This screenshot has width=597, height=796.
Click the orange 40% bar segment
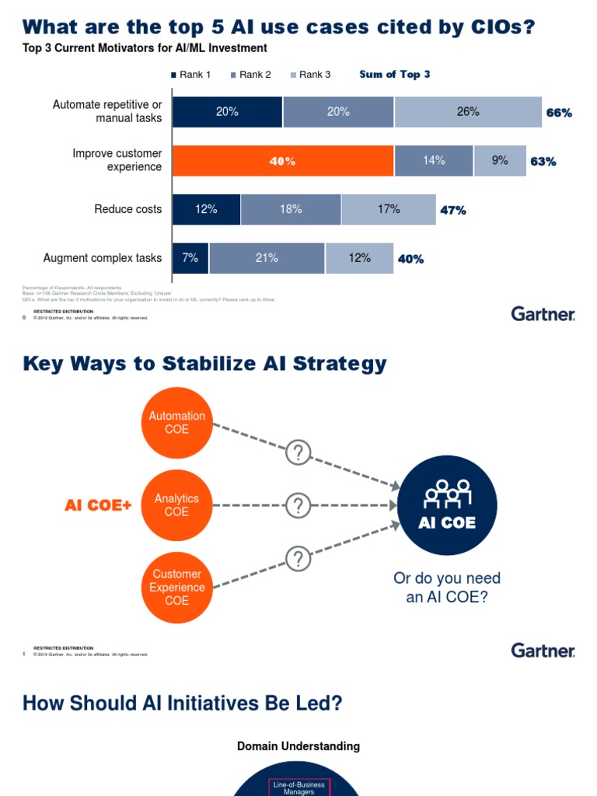(283, 161)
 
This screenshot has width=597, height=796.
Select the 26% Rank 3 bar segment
(468, 112)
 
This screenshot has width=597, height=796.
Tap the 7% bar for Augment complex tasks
(190, 258)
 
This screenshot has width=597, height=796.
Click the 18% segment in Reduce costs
(291, 209)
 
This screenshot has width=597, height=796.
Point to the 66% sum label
(559, 113)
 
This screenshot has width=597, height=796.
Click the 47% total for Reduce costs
(453, 210)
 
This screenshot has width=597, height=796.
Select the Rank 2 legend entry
(250, 75)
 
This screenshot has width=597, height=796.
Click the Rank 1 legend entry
(190, 75)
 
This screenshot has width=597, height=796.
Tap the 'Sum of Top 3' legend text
(394, 75)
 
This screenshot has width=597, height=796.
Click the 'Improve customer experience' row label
(117, 160)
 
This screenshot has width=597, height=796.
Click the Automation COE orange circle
(177, 423)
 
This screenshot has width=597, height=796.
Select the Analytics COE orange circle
(177, 505)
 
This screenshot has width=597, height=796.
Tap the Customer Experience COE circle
(177, 588)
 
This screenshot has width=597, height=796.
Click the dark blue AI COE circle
(447, 505)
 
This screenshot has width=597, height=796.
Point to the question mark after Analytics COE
(298, 506)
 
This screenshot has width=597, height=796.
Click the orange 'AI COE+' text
(98, 506)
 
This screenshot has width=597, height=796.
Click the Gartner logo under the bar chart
(543, 314)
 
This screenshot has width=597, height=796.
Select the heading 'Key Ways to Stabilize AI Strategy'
(204, 364)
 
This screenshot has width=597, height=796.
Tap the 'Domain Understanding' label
(298, 746)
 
